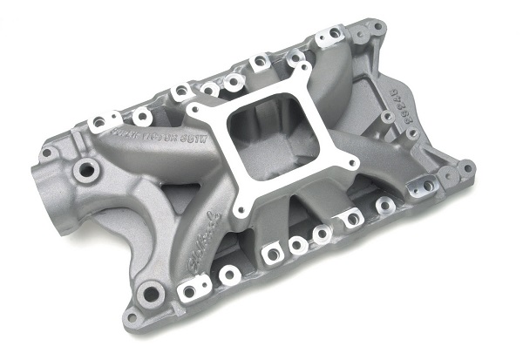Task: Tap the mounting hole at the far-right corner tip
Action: coord(467,166)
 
